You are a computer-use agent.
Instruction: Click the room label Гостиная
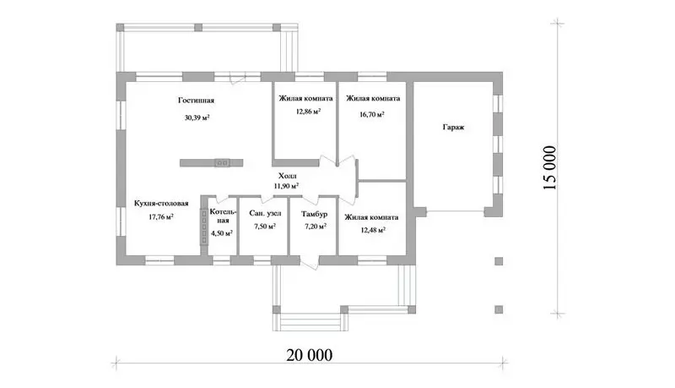(196, 101)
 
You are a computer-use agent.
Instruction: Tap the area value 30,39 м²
(197, 117)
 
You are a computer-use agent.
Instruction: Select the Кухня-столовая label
(161, 203)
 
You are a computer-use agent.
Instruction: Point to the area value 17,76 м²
(161, 217)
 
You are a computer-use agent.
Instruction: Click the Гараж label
(453, 128)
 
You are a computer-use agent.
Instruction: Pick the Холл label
(287, 176)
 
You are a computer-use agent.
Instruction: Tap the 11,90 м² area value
(287, 186)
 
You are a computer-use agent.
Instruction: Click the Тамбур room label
(314, 214)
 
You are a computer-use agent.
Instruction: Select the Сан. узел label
(265, 213)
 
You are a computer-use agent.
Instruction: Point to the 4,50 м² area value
(222, 233)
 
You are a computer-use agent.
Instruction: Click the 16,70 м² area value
(372, 115)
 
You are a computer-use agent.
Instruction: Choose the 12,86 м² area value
(308, 112)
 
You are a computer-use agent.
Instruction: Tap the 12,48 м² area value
(373, 230)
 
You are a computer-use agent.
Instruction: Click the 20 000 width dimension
(310, 355)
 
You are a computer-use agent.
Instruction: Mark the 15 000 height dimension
(550, 167)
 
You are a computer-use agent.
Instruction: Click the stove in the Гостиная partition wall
(222, 163)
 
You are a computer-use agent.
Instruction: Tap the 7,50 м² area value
(265, 226)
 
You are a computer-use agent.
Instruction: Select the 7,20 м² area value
(315, 227)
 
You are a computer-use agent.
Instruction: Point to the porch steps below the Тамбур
(310, 322)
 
